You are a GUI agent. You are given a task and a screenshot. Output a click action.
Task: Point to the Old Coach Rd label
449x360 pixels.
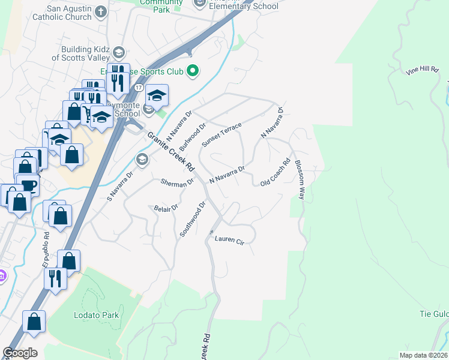pos(276,172)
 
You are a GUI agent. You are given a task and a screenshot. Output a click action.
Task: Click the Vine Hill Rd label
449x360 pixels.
pos(422,71)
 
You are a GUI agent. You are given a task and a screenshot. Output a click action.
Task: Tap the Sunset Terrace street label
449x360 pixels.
pos(221,134)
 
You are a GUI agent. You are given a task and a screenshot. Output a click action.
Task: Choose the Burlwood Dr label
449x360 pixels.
pos(192,136)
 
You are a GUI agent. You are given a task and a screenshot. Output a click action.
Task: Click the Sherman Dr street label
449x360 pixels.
pos(177,181)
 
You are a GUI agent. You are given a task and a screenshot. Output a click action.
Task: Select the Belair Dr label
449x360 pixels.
pos(166,208)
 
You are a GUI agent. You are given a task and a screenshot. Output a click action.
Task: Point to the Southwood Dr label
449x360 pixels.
pos(193,219)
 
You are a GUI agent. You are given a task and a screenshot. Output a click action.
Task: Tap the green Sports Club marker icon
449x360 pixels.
pos(193,71)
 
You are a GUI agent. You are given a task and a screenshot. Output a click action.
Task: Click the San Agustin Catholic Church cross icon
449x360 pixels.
pos(100,11)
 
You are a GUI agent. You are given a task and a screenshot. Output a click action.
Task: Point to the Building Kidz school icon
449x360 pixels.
pos(118,52)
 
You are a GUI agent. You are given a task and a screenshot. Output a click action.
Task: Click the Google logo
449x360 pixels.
pos(20,353)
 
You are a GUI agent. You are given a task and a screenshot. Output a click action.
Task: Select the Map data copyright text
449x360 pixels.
pos(423,355)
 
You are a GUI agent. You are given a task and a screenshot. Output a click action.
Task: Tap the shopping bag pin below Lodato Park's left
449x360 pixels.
pos(34,321)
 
